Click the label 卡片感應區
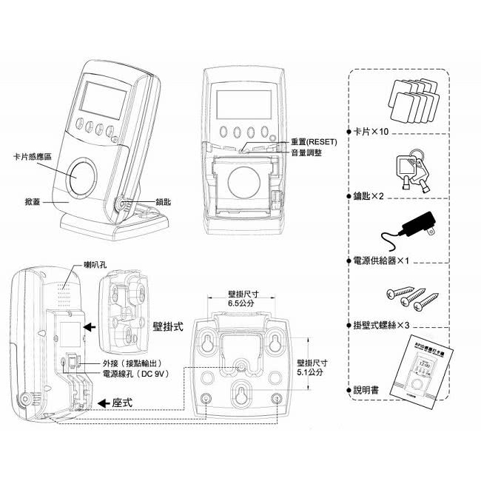click(33, 157)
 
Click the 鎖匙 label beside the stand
click(164, 201)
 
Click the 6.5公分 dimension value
click(241, 303)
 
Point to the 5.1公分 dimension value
click(310, 374)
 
